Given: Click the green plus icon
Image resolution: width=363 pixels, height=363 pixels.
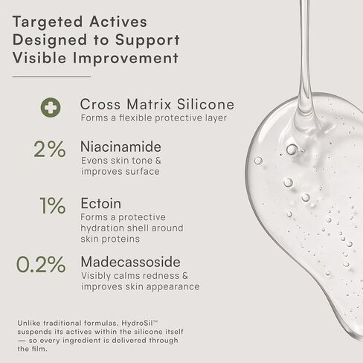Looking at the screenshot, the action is pyautogui.click(x=51, y=107).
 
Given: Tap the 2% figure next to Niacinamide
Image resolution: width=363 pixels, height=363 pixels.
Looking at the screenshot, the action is pyautogui.click(x=50, y=149).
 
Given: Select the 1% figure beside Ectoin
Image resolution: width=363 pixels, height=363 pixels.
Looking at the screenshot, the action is pyautogui.click(x=53, y=205).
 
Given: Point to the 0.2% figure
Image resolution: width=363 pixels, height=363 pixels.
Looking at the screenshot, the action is pyautogui.click(x=41, y=264).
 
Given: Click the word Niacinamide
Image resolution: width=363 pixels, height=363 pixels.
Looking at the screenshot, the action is pyautogui.click(x=121, y=147).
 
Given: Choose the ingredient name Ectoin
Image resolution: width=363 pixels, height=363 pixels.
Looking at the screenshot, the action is pyautogui.click(x=101, y=204).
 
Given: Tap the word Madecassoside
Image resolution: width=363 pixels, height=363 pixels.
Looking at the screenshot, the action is pyautogui.click(x=131, y=262).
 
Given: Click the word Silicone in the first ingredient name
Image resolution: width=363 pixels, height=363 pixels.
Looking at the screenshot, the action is pyautogui.click(x=205, y=104).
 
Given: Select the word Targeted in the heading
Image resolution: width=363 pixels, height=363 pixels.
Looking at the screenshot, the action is pyautogui.click(x=48, y=22).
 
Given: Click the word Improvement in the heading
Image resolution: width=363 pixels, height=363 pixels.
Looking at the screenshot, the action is pyautogui.click(x=126, y=58).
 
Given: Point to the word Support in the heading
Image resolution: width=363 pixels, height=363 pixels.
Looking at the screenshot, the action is pyautogui.click(x=147, y=41).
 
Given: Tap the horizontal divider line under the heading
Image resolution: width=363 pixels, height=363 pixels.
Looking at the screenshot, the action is pyautogui.click(x=51, y=77).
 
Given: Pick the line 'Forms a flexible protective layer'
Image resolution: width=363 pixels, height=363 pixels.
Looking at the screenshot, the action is pyautogui.click(x=154, y=118).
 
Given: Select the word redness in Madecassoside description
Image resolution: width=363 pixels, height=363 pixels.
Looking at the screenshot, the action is pyautogui.click(x=155, y=276).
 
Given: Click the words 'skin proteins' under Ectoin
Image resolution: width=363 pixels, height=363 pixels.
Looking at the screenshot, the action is pyautogui.click(x=110, y=239).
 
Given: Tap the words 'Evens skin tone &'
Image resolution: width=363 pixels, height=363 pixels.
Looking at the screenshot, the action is pyautogui.click(x=121, y=161).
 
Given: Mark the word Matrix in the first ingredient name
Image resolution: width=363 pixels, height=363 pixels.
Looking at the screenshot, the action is pyautogui.click(x=149, y=104).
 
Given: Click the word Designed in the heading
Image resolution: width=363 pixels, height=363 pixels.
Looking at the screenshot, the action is pyautogui.click(x=50, y=41).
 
